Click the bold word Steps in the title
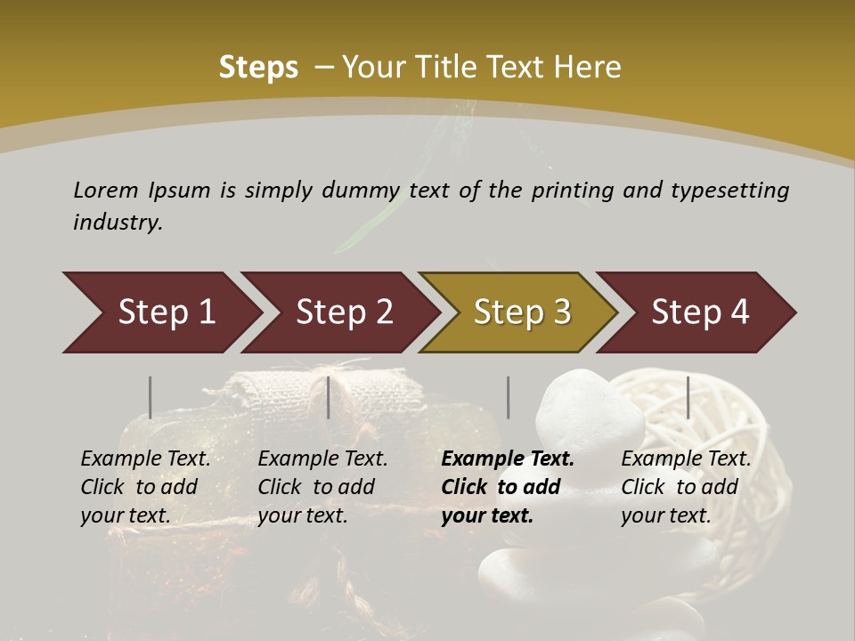(x=258, y=68)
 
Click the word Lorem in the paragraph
(x=106, y=190)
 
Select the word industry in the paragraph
(x=117, y=222)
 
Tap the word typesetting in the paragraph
(x=729, y=190)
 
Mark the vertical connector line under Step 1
(x=151, y=397)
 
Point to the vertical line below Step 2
(x=329, y=397)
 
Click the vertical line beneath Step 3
(x=509, y=397)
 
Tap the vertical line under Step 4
(x=688, y=397)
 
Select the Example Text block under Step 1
(x=145, y=487)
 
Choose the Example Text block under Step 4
(x=685, y=487)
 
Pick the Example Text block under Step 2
(x=322, y=487)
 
